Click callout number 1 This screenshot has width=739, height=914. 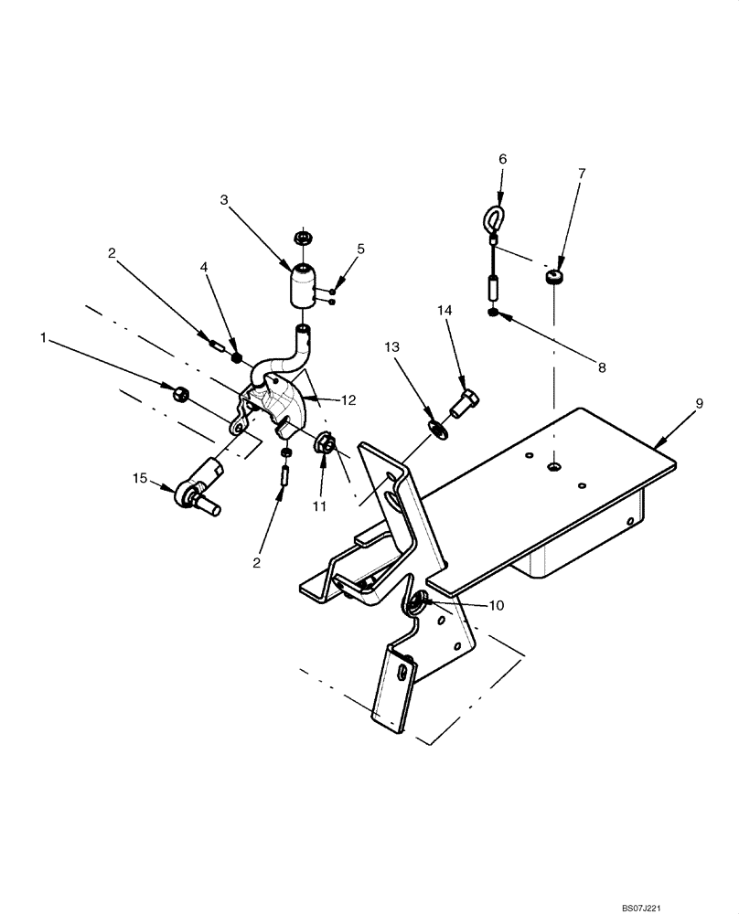click(x=43, y=338)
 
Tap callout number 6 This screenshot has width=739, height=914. click(x=501, y=158)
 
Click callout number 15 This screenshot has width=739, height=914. click(x=139, y=478)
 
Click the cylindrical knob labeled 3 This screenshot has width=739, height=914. click(x=302, y=286)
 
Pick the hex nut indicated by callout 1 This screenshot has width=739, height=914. click(x=181, y=394)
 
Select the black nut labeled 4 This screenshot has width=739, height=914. click(x=236, y=358)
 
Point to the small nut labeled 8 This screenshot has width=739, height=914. click(x=494, y=314)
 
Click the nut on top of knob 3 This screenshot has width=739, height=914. click(x=302, y=238)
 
